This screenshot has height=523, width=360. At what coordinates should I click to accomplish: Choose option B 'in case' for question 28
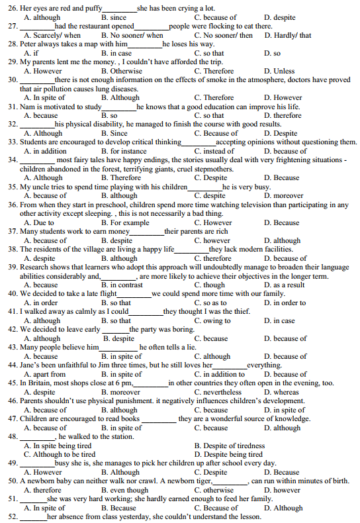[x=116, y=53]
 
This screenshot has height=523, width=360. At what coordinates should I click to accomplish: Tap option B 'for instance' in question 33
[x=124, y=151]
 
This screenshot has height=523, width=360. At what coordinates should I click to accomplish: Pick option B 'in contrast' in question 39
[x=122, y=285]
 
